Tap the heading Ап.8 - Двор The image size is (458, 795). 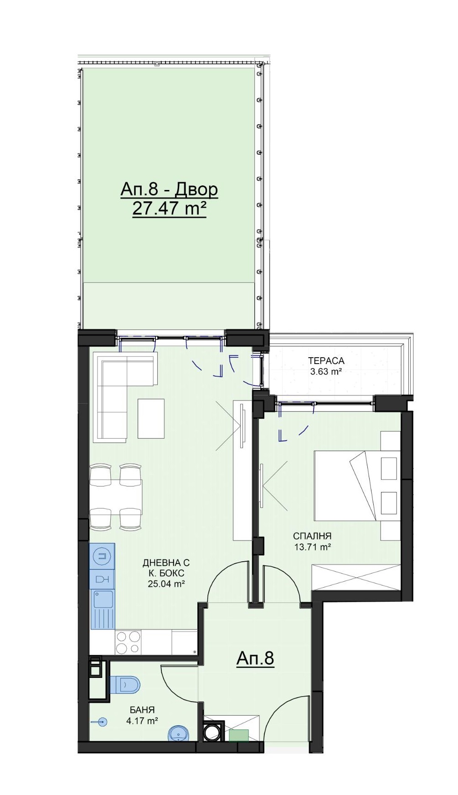(x=169, y=189)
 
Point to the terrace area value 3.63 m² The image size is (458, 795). (x=326, y=371)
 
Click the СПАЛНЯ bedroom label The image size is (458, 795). (x=312, y=536)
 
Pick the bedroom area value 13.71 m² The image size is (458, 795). (x=312, y=547)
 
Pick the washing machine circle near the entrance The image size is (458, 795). (x=211, y=732)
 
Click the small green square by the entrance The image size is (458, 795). (x=239, y=735)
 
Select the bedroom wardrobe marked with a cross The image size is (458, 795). (x=356, y=577)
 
